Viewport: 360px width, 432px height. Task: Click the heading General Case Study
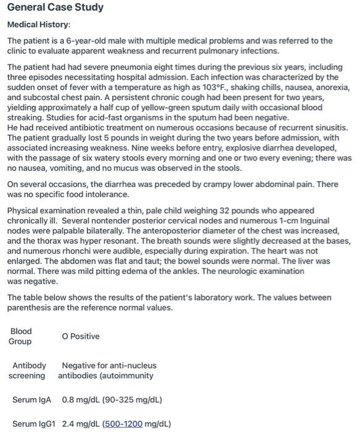pos(55,8)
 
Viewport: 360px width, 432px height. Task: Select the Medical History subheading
pos(38,25)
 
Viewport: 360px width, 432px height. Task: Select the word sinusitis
pos(329,127)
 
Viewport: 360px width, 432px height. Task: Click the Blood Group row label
pos(20,336)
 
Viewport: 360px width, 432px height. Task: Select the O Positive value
pos(81,336)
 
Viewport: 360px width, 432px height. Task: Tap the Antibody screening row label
pos(28,370)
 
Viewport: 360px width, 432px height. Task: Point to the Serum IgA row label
pos(32,399)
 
